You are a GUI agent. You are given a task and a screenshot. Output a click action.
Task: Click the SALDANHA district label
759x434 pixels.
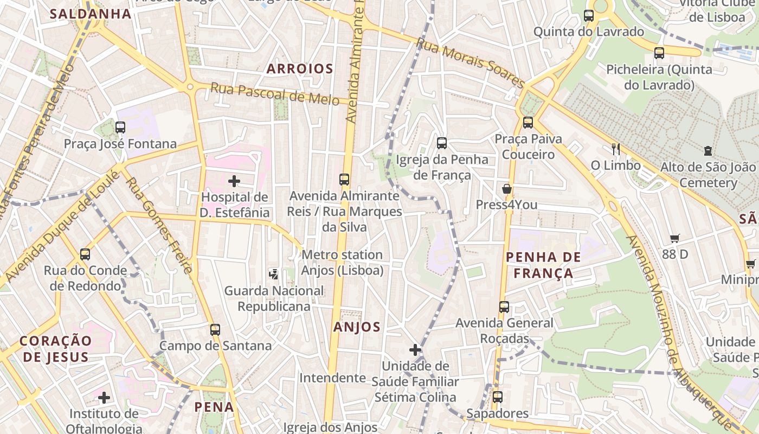coord(91,14)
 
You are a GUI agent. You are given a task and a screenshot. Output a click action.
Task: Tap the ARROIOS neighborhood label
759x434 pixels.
coord(300,69)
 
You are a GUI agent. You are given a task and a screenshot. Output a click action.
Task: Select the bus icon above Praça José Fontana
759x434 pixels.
coord(120,127)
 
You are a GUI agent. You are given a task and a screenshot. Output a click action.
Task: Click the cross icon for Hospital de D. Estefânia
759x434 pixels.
coord(234,181)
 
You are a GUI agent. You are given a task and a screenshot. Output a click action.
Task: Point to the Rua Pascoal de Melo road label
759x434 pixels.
coord(275,93)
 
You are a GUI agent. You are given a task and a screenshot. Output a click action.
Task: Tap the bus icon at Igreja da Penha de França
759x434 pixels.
coord(442,143)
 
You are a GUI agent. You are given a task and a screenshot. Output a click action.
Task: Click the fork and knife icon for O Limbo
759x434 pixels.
coord(615,149)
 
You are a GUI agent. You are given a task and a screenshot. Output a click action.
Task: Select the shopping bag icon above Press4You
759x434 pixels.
coord(506,189)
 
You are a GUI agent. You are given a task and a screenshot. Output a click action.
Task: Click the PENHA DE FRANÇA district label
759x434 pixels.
coord(543,265)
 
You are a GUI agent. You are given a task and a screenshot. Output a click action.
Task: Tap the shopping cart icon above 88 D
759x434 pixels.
coord(675,238)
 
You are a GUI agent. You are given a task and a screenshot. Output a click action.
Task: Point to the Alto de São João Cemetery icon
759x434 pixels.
coord(707,150)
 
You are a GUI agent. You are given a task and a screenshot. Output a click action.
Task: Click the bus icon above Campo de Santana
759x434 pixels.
coord(215,329)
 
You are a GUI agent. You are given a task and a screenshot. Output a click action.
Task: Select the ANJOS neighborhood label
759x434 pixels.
coord(357,327)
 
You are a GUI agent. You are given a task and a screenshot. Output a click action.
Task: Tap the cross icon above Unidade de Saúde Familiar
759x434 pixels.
coord(415,350)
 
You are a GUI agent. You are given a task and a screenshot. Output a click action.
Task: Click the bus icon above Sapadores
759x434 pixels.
coord(497,397)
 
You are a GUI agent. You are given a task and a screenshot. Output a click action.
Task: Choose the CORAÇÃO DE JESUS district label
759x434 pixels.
coord(56,349)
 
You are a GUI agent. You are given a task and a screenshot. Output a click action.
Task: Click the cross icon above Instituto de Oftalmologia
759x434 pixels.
coord(104,398)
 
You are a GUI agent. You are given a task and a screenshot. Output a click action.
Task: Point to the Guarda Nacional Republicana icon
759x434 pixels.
coord(274,275)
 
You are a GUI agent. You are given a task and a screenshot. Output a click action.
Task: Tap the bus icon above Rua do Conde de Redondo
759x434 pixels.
coord(85,254)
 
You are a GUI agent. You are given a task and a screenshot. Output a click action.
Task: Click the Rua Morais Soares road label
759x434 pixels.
coord(471,63)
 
